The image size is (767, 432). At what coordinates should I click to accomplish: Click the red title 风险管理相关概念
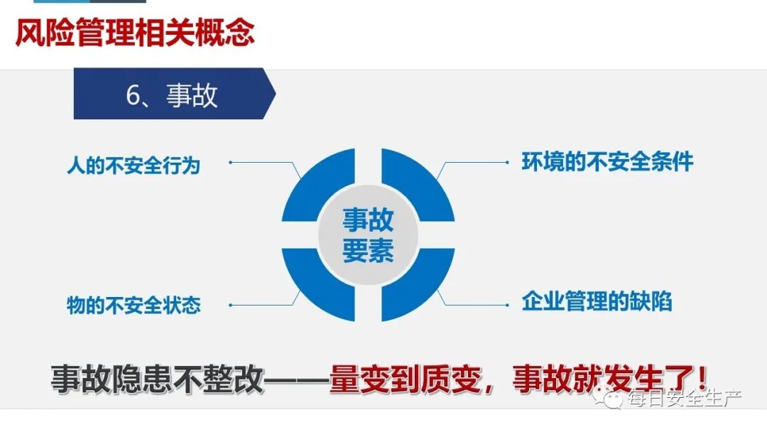point(135,33)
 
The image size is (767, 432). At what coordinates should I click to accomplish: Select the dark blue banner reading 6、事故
point(175,94)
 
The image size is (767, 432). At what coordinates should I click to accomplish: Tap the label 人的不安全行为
point(134,166)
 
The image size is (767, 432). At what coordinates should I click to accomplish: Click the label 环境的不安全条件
point(607,162)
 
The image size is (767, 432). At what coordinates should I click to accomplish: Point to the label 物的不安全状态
point(134,305)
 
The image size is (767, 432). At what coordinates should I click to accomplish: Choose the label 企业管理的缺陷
point(597,301)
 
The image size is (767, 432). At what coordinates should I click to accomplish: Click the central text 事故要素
point(368,235)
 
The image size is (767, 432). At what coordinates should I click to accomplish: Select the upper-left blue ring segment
point(318,185)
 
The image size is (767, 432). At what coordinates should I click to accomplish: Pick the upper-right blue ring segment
point(418,185)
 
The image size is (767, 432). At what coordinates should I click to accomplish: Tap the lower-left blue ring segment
point(318,285)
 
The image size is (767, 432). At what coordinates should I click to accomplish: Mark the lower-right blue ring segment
point(418,285)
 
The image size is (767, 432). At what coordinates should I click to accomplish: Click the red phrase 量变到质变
point(405,379)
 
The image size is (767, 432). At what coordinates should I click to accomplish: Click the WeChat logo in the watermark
point(607,397)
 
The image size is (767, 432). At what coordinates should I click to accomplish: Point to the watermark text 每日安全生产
point(685,398)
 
